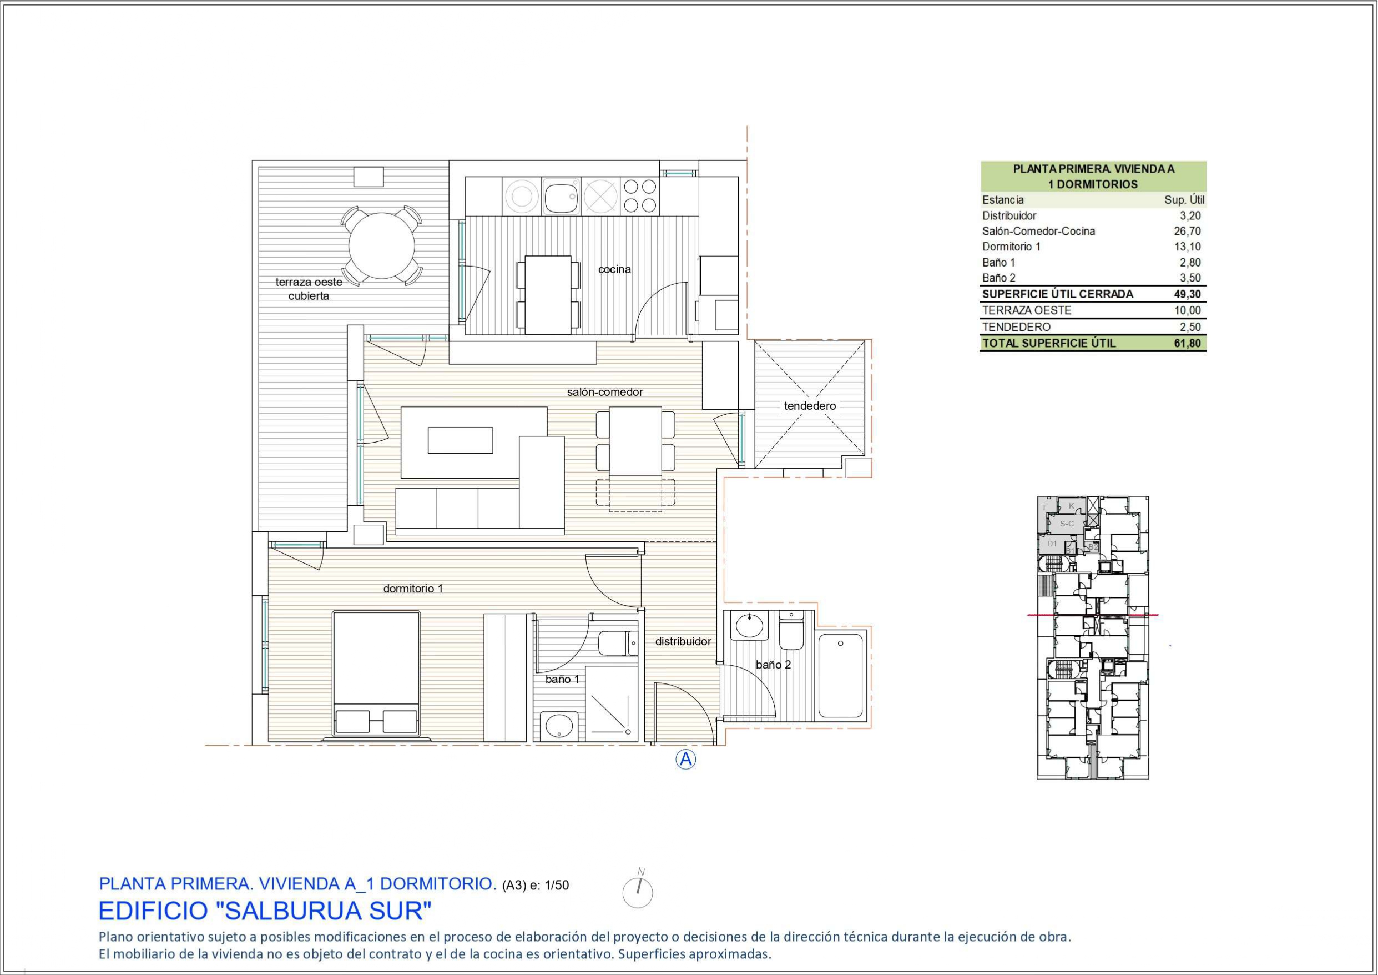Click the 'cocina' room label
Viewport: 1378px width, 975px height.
coord(614,269)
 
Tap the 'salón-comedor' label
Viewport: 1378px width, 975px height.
coord(604,392)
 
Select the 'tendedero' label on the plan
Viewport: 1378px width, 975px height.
coord(810,406)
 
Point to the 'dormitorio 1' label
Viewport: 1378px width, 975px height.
coord(413,589)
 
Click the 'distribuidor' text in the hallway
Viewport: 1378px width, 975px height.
coord(683,641)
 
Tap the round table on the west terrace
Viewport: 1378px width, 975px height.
coord(382,245)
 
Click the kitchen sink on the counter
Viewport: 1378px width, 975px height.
coord(561,195)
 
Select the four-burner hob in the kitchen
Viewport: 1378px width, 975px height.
coord(640,195)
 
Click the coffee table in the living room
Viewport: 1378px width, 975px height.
coord(460,440)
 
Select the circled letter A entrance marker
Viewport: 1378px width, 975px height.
coord(685,760)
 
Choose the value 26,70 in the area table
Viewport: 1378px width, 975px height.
coord(1187,231)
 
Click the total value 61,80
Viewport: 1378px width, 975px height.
coord(1187,343)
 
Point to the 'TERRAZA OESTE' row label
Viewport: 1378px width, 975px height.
coord(1026,310)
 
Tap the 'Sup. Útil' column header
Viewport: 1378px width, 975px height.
coord(1184,200)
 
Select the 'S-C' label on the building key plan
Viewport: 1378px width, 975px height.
coord(1067,524)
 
